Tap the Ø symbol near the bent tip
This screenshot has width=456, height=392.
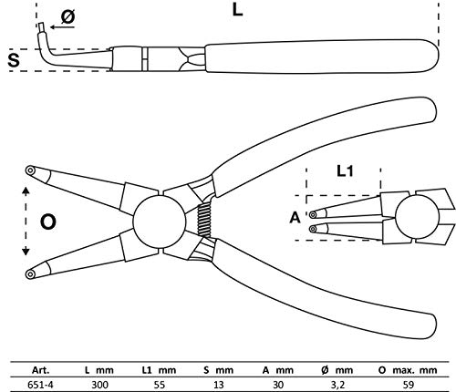coord(67,16)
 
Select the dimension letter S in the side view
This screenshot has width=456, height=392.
coord(14,60)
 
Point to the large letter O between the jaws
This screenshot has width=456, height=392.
coord(48,222)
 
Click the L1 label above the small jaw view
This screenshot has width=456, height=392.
coord(345,171)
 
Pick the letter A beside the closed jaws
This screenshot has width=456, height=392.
coord(295,218)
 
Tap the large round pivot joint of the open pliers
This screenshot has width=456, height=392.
coord(159,222)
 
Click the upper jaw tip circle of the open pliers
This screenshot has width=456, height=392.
coord(30,170)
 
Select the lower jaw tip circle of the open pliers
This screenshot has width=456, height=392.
coord(30,274)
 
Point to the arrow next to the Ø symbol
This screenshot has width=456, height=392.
coord(62,27)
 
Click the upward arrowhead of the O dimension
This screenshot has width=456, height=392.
coord(26,191)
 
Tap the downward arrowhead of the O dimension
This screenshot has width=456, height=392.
coord(26,252)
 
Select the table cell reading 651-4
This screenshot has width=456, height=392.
coord(40,385)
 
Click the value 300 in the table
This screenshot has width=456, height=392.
coord(99,385)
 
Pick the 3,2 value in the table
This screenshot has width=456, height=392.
coord(337,385)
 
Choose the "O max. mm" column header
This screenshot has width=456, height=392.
coord(408,370)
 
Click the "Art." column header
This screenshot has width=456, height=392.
coord(40,370)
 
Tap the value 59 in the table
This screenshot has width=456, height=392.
coord(409,385)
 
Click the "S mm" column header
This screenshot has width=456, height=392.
coord(219,370)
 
